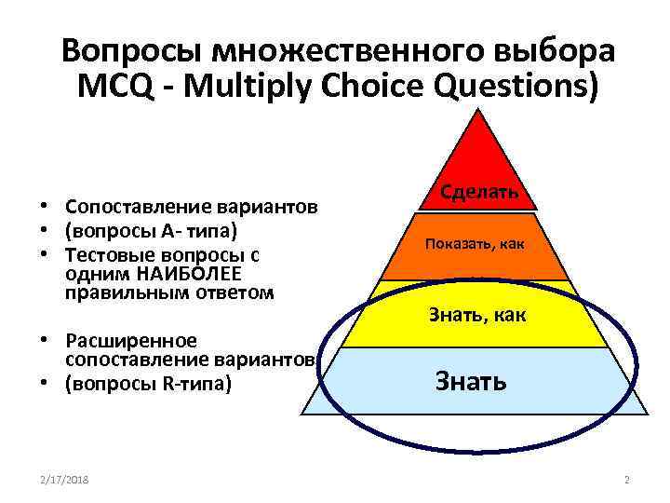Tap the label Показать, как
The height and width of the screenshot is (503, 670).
point(475,244)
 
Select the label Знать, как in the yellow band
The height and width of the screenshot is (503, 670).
point(477,315)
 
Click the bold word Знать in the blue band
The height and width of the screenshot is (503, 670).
point(471,380)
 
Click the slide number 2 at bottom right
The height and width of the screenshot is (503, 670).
point(626,479)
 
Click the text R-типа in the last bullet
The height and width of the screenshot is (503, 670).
point(194,383)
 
